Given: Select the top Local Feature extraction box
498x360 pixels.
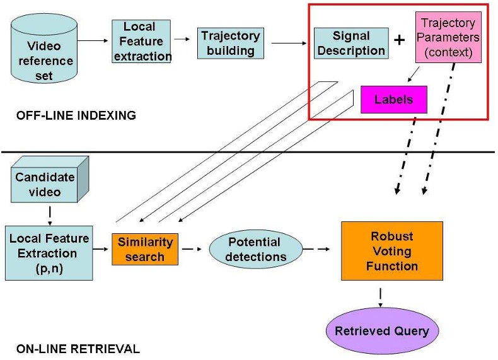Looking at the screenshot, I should pos(142,41).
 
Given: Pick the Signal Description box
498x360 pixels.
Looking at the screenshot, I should pos(350,44).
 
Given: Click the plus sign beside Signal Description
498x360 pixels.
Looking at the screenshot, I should pos(400,40).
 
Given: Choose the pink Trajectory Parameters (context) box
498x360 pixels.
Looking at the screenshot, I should pos(448,38).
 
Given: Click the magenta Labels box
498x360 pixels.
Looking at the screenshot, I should pos(394,100).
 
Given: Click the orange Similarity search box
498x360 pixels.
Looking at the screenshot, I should pos(144,248).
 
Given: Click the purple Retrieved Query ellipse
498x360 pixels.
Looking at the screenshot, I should pos(381,331).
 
